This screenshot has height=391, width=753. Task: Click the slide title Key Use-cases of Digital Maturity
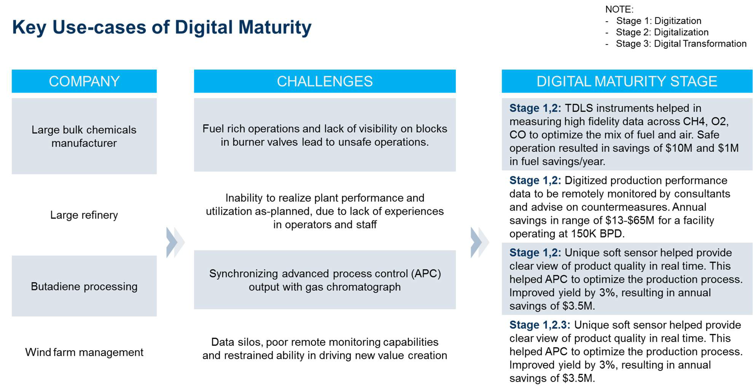pyautogui.click(x=162, y=27)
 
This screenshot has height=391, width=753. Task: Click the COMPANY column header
pyautogui.click(x=84, y=81)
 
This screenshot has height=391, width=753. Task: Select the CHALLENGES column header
pyautogui.click(x=325, y=81)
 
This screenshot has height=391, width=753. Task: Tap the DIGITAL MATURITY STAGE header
pyautogui.click(x=627, y=81)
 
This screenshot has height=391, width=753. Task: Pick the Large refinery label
pyautogui.click(x=84, y=215)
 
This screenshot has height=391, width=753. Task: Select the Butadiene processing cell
pyautogui.click(x=84, y=286)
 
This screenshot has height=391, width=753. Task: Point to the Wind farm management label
pyautogui.click(x=84, y=352)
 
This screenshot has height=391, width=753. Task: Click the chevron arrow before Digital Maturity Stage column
pyautogui.click(x=480, y=242)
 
